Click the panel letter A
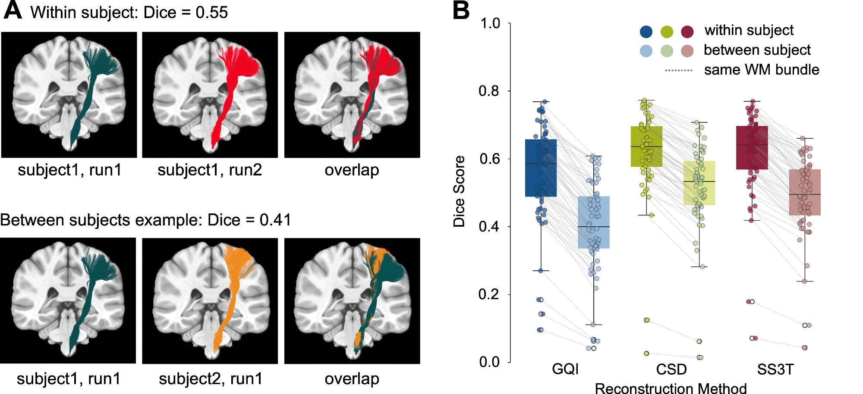(x=13, y=10)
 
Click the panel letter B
(x=461, y=10)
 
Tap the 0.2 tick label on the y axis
(x=489, y=294)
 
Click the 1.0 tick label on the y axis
(x=490, y=23)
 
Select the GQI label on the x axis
(x=565, y=369)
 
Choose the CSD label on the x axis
(x=671, y=369)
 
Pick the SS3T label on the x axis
(x=775, y=369)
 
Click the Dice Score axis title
(x=459, y=191)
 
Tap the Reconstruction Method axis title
(x=671, y=388)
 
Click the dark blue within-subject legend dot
(x=646, y=31)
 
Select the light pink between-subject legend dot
(x=687, y=51)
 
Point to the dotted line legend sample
(x=678, y=70)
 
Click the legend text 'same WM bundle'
(x=762, y=70)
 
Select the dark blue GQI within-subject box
(x=541, y=168)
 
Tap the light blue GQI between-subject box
(x=593, y=222)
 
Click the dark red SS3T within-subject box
(x=752, y=147)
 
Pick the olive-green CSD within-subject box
(x=646, y=147)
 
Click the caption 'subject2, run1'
(x=211, y=379)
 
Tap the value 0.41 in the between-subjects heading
(x=275, y=220)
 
